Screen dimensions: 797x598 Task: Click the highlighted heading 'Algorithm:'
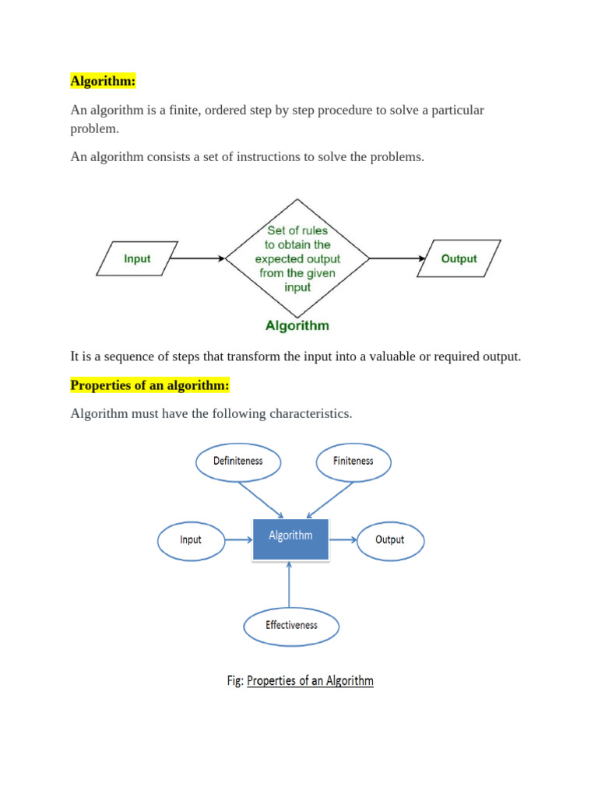[x=104, y=81]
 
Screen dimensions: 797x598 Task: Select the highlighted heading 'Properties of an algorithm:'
[x=149, y=385]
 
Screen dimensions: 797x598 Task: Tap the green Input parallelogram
[x=137, y=258]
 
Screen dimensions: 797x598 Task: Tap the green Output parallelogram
[x=458, y=258]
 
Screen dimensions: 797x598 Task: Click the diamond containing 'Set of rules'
[x=297, y=258]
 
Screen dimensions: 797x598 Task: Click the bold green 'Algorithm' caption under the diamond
[x=297, y=326]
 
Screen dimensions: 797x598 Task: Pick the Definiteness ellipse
[x=238, y=461]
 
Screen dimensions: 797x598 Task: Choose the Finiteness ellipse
[x=354, y=461]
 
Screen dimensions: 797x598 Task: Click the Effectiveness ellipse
[x=291, y=625]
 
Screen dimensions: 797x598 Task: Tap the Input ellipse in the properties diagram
[x=191, y=539]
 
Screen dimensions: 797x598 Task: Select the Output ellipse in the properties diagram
[x=389, y=539]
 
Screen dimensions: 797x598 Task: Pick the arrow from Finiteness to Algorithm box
[x=330, y=499]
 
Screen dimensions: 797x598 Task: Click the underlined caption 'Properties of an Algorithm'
[x=310, y=681]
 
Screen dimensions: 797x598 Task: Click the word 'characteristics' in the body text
[x=310, y=413]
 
